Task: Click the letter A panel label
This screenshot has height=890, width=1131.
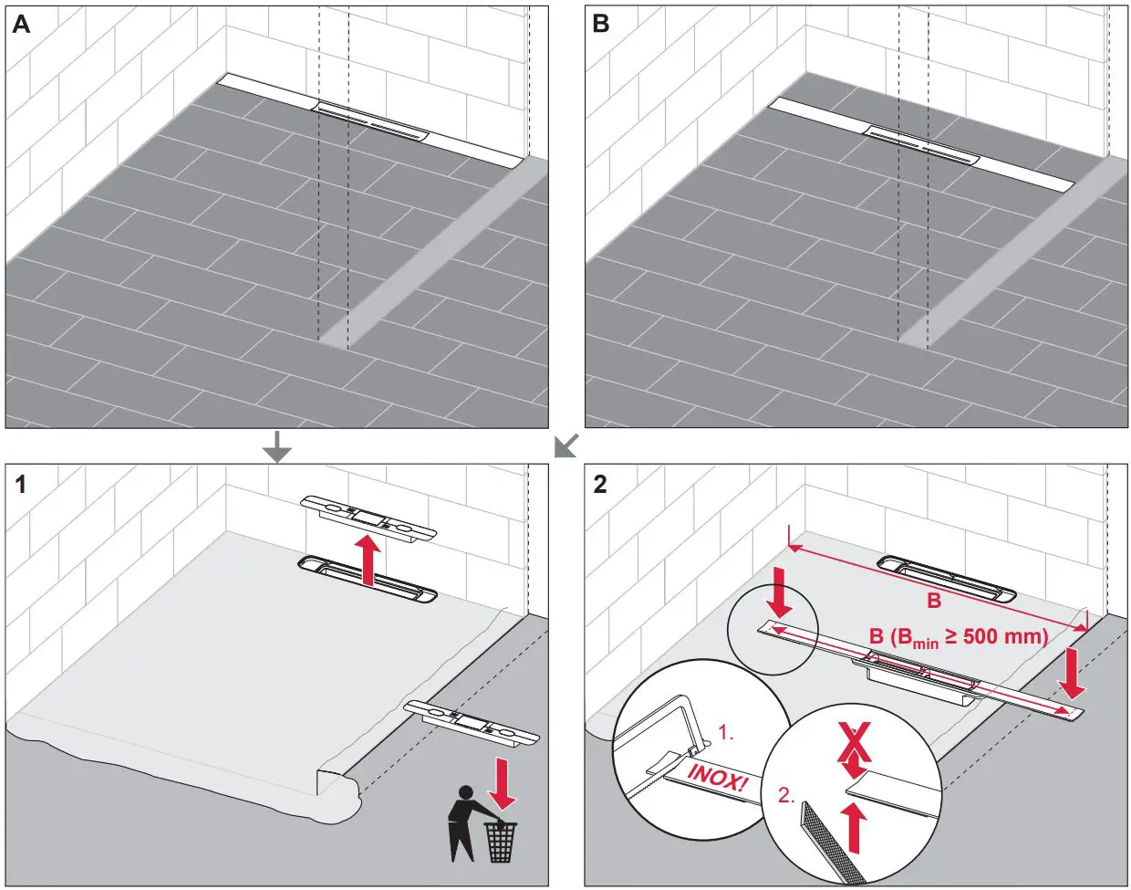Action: [x=21, y=25]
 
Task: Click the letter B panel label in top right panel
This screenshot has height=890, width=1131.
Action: [x=600, y=25]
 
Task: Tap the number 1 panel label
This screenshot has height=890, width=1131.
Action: [x=20, y=484]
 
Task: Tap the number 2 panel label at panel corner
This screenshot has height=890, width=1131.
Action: [x=599, y=484]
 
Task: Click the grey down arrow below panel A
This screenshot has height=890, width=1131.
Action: [x=277, y=446]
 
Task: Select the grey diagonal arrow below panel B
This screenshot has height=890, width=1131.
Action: [x=565, y=445]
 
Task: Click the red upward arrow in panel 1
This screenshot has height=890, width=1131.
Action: [x=367, y=560]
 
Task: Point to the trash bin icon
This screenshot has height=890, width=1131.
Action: [x=500, y=842]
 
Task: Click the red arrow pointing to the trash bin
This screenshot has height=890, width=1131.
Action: [x=503, y=781]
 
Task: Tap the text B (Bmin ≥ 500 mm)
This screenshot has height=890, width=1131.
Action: [x=958, y=637]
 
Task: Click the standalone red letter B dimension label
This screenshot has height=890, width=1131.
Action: [x=934, y=601]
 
